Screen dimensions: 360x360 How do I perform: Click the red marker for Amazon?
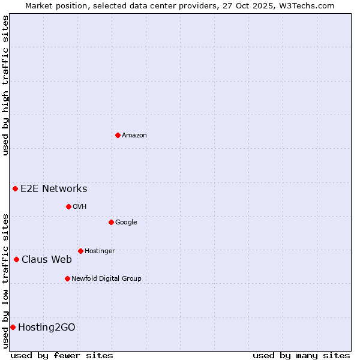(118, 135)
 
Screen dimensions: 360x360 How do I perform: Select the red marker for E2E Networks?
(15, 188)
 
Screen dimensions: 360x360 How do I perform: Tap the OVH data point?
(68, 206)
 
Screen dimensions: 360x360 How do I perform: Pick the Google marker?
(111, 222)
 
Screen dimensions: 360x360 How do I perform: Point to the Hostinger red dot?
(80, 251)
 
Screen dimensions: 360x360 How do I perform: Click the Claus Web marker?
(16, 259)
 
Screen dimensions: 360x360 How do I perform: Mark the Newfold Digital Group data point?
(67, 278)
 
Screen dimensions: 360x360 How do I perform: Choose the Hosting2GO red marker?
(13, 327)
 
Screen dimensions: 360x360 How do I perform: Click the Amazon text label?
(134, 136)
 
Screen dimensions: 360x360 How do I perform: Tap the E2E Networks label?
(54, 189)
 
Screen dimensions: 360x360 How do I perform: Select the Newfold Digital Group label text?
(106, 278)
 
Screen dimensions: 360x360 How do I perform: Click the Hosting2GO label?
(47, 327)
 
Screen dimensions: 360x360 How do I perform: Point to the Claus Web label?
(47, 259)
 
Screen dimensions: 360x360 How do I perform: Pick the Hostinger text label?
(100, 251)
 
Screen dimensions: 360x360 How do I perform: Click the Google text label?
(126, 223)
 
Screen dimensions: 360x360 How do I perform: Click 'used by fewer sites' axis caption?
(62, 355)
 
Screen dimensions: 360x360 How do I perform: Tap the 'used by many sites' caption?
(301, 355)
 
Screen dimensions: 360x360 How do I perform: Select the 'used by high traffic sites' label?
(5, 86)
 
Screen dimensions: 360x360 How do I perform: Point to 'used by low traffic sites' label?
(5, 280)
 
